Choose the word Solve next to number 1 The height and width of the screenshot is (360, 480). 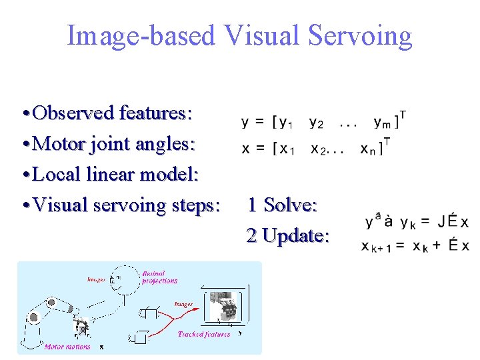290,205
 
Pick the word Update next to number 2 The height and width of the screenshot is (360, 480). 296,235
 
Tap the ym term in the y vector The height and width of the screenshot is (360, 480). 383,123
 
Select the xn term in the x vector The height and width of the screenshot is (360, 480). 368,149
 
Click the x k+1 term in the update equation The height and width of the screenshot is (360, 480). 375,247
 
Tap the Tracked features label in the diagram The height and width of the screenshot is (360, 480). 204,334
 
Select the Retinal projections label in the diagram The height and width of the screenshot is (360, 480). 159,277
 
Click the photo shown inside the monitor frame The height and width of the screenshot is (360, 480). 225,307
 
